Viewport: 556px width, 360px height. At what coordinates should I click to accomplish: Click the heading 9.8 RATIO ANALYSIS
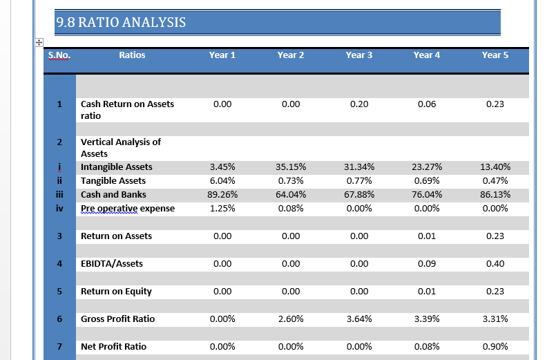pyautogui.click(x=121, y=22)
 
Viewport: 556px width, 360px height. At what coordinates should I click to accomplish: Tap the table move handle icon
pyautogui.click(x=39, y=43)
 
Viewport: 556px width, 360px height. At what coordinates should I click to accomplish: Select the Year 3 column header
pyautogui.click(x=359, y=55)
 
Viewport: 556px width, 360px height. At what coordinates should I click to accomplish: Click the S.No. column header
pyautogui.click(x=59, y=55)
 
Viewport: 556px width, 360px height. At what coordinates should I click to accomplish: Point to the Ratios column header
pyautogui.click(x=132, y=55)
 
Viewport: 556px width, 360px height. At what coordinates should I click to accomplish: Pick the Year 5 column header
pyautogui.click(x=495, y=55)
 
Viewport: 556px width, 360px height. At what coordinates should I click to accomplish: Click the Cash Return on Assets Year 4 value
pyautogui.click(x=427, y=104)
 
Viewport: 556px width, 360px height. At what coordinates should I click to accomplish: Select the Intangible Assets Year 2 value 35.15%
pyautogui.click(x=291, y=167)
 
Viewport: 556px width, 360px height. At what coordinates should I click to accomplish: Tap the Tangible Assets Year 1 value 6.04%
pyautogui.click(x=222, y=180)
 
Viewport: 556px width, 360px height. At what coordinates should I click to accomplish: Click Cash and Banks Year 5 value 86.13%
pyautogui.click(x=495, y=194)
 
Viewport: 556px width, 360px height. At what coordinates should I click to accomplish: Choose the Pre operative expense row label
pyautogui.click(x=128, y=208)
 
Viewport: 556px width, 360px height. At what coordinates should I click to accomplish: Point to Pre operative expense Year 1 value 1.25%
pyautogui.click(x=222, y=208)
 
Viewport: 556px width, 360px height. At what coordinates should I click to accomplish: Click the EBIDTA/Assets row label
pyautogui.click(x=112, y=263)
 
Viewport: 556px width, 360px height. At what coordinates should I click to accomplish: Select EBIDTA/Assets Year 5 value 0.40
pyautogui.click(x=495, y=263)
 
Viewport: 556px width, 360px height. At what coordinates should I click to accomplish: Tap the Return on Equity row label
pyautogui.click(x=116, y=291)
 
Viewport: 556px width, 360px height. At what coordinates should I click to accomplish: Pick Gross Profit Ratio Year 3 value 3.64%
pyautogui.click(x=359, y=319)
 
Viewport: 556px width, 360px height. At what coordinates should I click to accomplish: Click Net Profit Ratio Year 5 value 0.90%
pyautogui.click(x=495, y=346)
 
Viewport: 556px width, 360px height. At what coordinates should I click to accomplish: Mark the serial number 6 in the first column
pyautogui.click(x=59, y=319)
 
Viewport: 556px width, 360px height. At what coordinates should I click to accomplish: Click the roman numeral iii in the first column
pyautogui.click(x=59, y=194)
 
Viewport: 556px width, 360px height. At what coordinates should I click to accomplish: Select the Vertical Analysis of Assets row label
pyautogui.click(x=121, y=148)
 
